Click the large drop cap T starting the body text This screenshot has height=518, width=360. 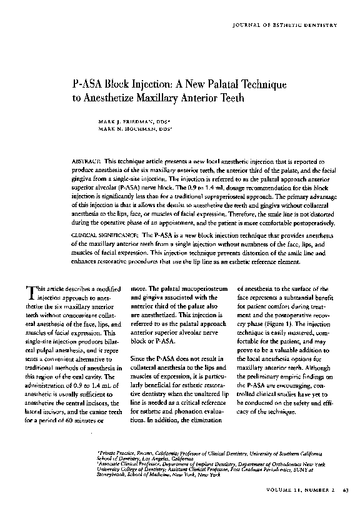(29, 292)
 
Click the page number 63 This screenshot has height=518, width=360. (345, 497)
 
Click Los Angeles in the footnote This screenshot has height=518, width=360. (142, 457)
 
